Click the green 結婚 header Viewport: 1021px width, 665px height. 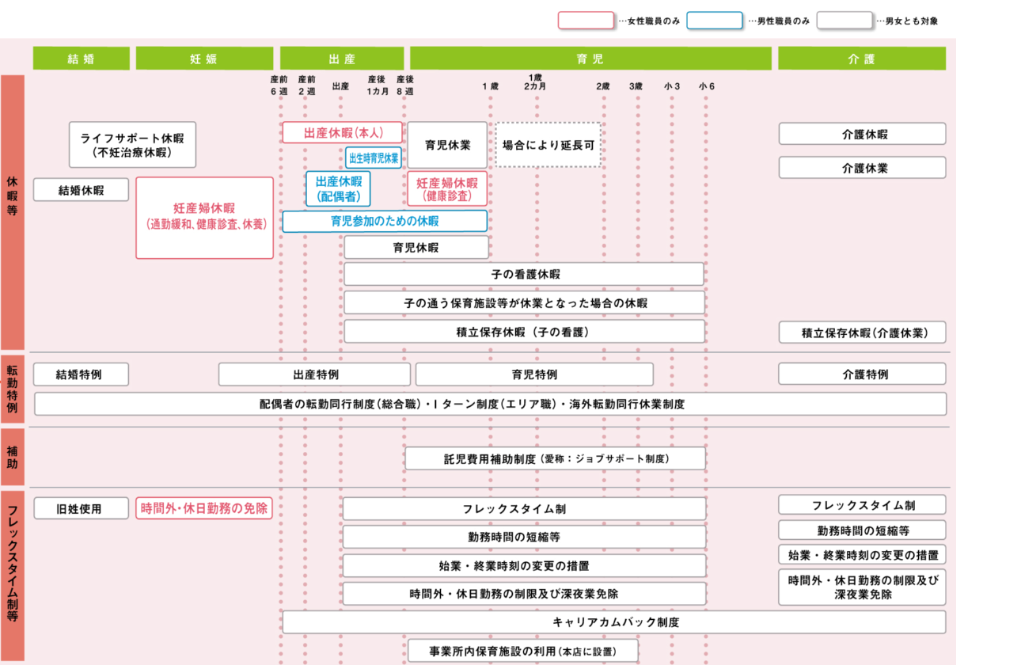coord(81,59)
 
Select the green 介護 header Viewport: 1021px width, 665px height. coord(862,59)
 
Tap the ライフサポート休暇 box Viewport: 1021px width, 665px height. coord(132,144)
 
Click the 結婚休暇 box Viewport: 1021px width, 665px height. coord(81,190)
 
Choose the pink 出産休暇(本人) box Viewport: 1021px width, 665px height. coord(343,132)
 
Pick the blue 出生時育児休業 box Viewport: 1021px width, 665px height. coord(374,158)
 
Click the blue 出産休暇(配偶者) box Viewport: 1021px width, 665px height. coord(338,189)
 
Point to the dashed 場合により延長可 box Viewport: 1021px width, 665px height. coord(548,145)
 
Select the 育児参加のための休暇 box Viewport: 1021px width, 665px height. coord(385,221)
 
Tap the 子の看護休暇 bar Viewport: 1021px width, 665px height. coord(524,274)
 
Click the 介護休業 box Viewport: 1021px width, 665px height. coord(862,168)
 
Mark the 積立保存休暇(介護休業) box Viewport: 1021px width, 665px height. coord(862,332)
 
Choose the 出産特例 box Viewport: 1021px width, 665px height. coord(314,374)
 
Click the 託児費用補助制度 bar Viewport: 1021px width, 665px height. coord(555,458)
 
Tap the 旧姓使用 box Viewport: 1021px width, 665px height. coord(79,508)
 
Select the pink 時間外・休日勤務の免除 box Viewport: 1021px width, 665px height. coord(204,508)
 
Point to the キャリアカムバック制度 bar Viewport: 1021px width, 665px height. coord(614,622)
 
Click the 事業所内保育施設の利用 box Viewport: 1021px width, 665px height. coord(522,651)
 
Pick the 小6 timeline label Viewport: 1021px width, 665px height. coord(706,86)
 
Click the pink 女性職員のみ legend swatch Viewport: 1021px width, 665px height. coord(586,21)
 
